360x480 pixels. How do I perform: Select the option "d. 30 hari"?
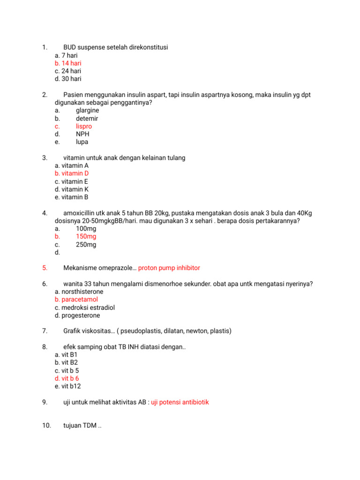(68, 79)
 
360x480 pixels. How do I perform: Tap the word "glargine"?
(87, 111)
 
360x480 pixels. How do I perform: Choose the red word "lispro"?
(84, 126)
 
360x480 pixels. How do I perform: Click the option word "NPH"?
(82, 134)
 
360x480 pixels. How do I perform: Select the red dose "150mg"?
(86, 237)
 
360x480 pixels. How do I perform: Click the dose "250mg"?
(86, 245)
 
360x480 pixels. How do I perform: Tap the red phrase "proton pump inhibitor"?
(169, 268)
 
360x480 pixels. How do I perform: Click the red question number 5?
(45, 268)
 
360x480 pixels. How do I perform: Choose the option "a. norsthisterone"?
(78, 292)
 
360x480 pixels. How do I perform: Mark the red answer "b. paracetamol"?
(76, 300)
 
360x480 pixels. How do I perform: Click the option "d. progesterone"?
(77, 315)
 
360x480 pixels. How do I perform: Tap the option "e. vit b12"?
(68, 386)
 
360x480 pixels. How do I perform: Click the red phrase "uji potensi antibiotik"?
(180, 402)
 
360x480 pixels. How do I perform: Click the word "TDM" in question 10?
(89, 426)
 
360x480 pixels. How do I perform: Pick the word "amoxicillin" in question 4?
(81, 213)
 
